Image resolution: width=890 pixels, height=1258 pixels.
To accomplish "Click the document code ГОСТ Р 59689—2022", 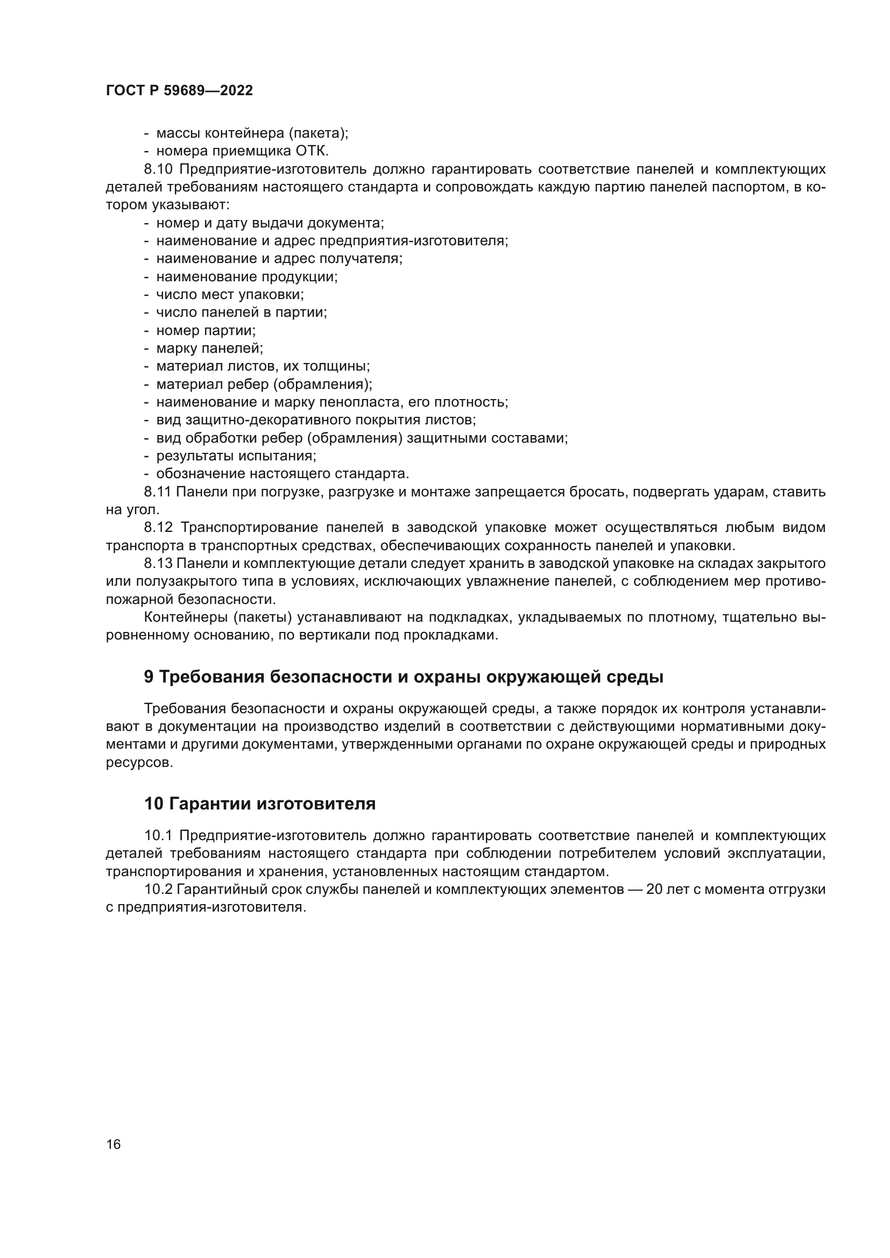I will (x=179, y=91).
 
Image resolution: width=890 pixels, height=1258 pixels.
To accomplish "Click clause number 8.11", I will (x=157, y=492).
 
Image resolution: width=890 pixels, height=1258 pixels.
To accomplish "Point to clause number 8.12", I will (x=158, y=528).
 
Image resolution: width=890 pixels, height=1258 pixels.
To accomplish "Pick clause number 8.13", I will (x=158, y=564).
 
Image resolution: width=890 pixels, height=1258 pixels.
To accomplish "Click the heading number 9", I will (x=149, y=677).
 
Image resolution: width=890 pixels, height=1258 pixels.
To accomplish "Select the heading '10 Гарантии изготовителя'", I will (x=260, y=804).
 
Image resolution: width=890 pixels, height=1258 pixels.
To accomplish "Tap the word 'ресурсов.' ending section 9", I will (x=139, y=763).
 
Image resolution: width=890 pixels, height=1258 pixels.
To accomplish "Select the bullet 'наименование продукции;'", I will (x=247, y=276).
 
